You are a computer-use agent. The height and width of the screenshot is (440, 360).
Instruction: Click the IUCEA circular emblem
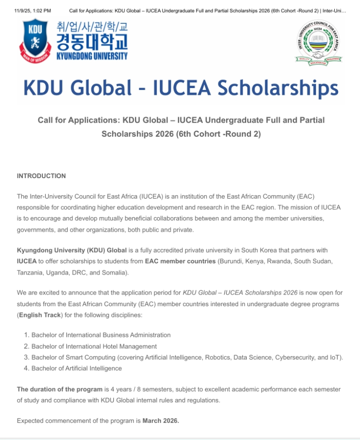pos(318,42)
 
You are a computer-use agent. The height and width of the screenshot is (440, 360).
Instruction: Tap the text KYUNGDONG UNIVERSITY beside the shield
pos(92,56)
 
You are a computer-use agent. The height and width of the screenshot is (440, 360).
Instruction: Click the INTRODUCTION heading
pos(41,176)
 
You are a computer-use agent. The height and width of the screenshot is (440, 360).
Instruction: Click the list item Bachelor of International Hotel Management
pos(94,347)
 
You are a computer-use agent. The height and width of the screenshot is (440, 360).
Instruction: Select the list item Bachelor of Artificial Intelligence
pos(76,368)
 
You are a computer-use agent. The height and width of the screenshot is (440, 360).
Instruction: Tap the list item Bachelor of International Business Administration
pos(101,335)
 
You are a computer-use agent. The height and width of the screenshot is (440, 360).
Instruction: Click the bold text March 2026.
pos(161,421)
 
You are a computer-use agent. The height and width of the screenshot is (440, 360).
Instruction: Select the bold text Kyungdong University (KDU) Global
pos(72,250)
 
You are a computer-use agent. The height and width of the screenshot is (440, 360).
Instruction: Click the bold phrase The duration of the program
pos(59,389)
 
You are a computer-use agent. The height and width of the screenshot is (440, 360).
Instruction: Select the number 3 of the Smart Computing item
pos(26,357)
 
